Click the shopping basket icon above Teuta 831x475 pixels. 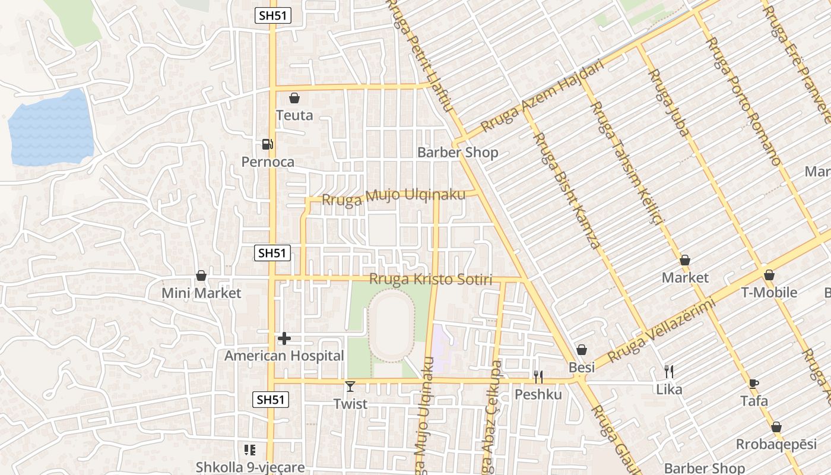pos(294,98)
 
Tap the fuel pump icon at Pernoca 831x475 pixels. pos(267,144)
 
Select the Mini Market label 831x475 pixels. pos(201,293)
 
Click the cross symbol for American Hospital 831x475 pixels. pos(284,338)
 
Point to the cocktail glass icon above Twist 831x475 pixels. pos(350,387)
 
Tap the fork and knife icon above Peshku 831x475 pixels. pos(538,377)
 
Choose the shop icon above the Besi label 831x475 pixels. pos(582,350)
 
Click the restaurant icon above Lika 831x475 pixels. pos(669,372)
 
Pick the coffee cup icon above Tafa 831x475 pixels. pos(754,384)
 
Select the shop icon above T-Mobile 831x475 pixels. pos(769,275)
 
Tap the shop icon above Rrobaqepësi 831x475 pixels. pos(776,427)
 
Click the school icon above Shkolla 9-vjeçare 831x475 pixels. pos(250,450)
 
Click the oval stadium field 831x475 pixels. pos(392,325)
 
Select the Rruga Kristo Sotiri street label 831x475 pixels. pos(430,279)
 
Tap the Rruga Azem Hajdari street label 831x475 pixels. pos(541,97)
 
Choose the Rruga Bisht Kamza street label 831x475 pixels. pos(566,190)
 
